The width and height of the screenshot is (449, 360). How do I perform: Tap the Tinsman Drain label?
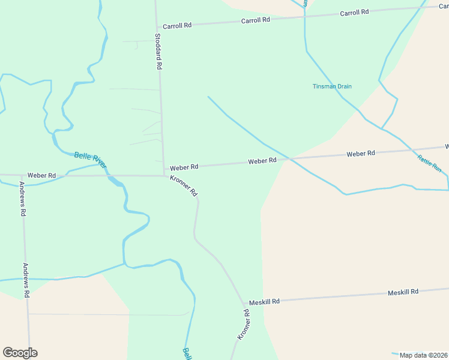tap(332, 86)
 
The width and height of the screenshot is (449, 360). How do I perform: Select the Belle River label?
tap(91, 160)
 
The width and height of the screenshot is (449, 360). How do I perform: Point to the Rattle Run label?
tap(429, 164)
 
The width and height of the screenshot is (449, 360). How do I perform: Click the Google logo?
tap(20, 353)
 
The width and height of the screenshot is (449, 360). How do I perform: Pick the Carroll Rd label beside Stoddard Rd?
tap(177, 25)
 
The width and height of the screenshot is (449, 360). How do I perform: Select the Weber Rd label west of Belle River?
tap(41, 175)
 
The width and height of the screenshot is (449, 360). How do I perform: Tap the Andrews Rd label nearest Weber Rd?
tap(23, 199)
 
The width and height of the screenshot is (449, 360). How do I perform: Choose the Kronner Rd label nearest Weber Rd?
tap(184, 186)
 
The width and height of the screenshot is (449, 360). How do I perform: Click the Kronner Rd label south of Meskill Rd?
tap(243, 325)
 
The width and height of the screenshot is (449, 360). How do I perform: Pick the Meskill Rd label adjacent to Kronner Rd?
tap(264, 302)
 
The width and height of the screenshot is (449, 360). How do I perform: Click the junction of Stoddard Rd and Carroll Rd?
tap(157, 27)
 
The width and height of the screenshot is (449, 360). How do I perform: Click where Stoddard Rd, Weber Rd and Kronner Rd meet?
tap(164, 175)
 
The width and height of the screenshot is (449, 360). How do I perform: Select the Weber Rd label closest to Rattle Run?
tap(361, 154)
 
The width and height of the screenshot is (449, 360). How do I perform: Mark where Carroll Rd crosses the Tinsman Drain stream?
tap(305, 16)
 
